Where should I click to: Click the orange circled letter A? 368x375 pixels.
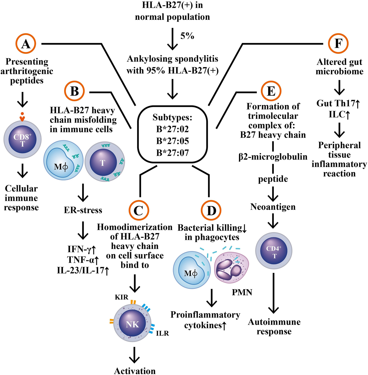[25, 44]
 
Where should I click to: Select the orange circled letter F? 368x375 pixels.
[338, 44]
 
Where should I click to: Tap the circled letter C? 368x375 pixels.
[139, 210]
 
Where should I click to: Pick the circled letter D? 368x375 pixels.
[211, 210]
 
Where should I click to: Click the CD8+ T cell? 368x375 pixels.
[23, 139]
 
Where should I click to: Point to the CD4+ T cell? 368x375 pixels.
[274, 251]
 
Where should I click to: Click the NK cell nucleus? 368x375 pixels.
[132, 324]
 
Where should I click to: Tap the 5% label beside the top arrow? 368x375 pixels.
[187, 36]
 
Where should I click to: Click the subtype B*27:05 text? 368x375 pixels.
[172, 141]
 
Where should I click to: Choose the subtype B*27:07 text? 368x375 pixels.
[172, 153]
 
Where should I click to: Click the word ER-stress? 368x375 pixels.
[83, 210]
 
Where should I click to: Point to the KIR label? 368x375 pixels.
[121, 297]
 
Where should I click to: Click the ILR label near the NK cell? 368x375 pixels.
[162, 333]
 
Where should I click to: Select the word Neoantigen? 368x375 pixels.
[273, 207]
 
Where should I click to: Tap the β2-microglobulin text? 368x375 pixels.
[273, 157]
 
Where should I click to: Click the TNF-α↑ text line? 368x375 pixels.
[83, 260]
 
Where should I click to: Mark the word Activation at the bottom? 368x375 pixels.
[135, 371]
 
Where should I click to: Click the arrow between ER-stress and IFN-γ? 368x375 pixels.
[83, 230]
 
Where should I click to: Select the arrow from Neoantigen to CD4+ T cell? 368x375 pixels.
[273, 221]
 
